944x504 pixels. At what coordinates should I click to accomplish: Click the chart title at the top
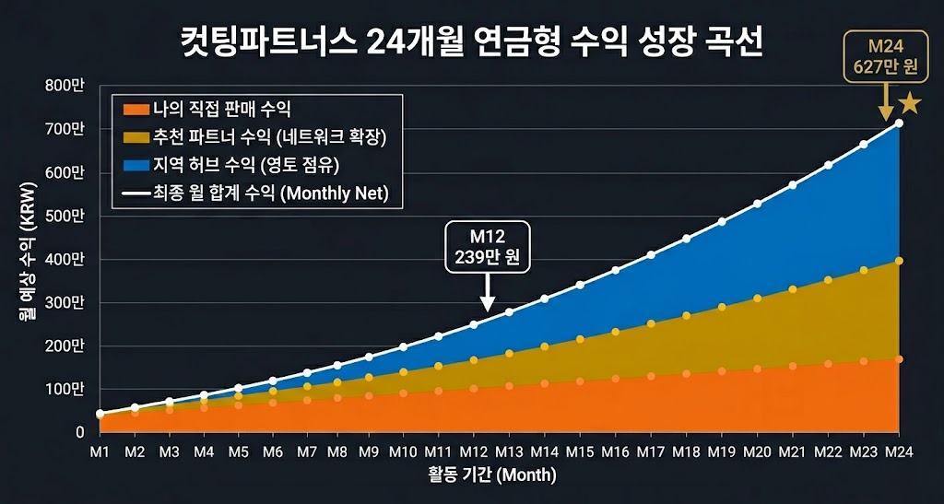click(471, 43)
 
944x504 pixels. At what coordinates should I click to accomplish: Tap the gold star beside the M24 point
click(911, 103)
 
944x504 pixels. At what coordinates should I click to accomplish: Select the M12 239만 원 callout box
click(487, 246)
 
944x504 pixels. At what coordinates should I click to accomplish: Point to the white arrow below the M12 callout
click(487, 297)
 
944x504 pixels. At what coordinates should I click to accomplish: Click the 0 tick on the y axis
click(80, 432)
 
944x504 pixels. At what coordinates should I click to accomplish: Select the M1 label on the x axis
click(100, 451)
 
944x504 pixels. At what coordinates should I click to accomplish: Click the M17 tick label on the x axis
click(651, 451)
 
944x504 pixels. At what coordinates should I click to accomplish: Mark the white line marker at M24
click(899, 123)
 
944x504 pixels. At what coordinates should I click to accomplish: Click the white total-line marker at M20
click(758, 204)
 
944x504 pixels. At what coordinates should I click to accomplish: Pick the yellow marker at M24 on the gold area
click(899, 261)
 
